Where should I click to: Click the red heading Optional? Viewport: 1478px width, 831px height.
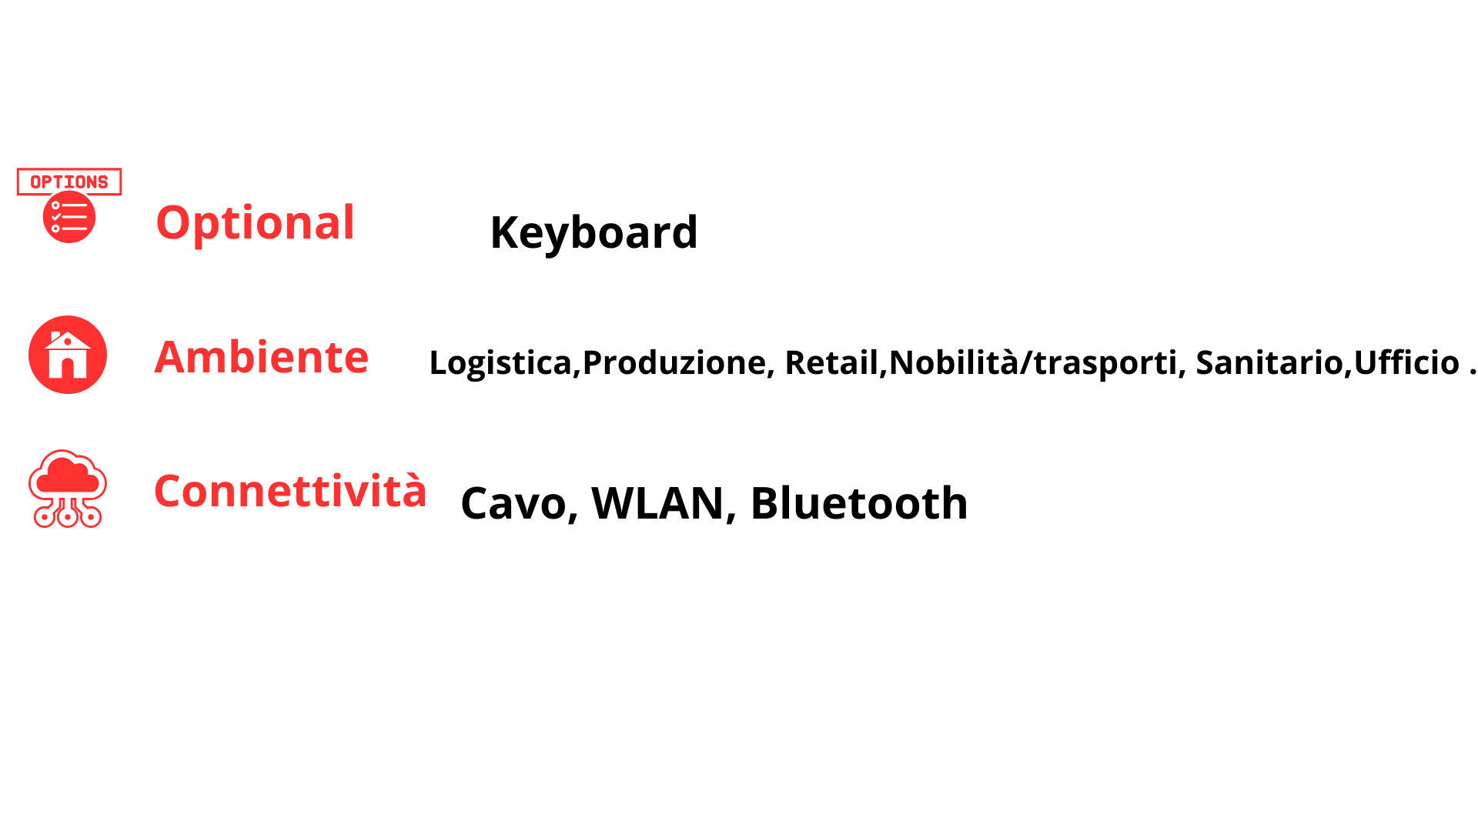click(255, 224)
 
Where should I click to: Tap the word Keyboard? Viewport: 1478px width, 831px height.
click(594, 233)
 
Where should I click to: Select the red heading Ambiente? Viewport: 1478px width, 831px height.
click(261, 357)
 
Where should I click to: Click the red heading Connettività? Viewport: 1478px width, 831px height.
click(290, 490)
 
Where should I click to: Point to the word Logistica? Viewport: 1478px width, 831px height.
click(500, 362)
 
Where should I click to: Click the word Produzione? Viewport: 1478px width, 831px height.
click(674, 362)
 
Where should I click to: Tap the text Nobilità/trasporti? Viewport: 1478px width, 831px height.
click(1032, 362)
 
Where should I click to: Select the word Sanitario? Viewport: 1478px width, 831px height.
click(1269, 362)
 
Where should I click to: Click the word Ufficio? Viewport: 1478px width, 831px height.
click(1406, 362)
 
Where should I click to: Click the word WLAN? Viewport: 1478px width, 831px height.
click(657, 504)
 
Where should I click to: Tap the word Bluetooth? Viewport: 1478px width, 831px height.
click(859, 503)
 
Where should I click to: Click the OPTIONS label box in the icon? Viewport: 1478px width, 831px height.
click(69, 182)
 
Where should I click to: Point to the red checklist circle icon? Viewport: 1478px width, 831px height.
click(69, 217)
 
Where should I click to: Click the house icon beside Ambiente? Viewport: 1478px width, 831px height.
click(68, 355)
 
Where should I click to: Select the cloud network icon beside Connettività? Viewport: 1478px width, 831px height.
click(68, 489)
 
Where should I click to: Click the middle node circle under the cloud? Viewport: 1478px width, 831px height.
click(68, 517)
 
